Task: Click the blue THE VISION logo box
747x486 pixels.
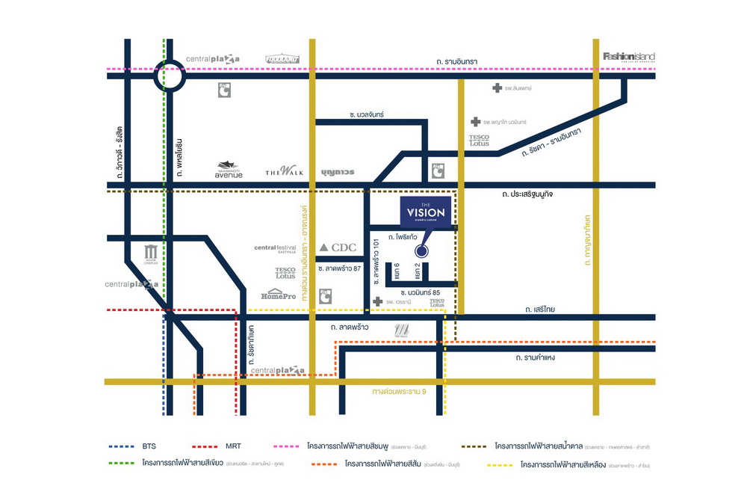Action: coord(426,212)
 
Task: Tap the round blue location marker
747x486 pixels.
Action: coord(421,253)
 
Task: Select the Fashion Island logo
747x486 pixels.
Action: coord(628,57)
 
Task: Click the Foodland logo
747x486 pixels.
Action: coord(282,58)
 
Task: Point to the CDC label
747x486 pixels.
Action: coord(338,247)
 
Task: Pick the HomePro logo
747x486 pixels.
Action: coord(279,295)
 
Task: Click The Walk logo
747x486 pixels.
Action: coord(285,172)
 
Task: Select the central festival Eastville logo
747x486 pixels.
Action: coord(276,250)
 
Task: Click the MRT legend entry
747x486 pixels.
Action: coord(229,446)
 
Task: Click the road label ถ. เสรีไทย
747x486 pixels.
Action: coord(539,308)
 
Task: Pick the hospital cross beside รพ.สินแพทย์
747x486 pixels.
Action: coord(498,88)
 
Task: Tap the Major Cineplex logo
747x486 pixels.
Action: coord(152,254)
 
